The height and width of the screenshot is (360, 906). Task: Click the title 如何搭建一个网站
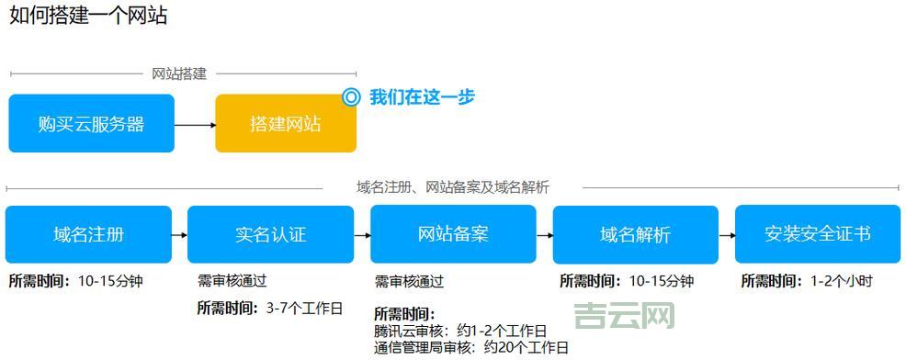[x=88, y=17]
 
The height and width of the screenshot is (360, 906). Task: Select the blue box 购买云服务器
[x=91, y=124]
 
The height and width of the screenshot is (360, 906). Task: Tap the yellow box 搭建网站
[x=285, y=124]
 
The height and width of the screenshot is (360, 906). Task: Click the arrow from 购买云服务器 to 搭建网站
[x=195, y=124]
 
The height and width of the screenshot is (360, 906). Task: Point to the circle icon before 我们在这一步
[x=350, y=96]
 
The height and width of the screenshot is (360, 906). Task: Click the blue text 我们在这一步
[x=422, y=96]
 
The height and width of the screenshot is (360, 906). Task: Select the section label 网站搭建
[x=179, y=74]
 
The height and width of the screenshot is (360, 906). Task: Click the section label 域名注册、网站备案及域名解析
[x=452, y=187]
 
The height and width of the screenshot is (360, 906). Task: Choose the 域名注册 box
[x=88, y=234]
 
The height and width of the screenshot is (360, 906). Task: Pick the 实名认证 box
[x=270, y=234]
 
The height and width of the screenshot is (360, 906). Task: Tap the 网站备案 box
[x=453, y=234]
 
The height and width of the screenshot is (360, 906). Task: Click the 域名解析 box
[x=635, y=234]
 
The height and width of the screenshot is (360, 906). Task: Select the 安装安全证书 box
[x=818, y=234]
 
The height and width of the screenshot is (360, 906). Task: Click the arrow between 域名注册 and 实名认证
[x=179, y=235]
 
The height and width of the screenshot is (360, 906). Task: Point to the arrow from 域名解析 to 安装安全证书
[x=727, y=235]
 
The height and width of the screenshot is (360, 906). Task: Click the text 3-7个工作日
[x=304, y=308]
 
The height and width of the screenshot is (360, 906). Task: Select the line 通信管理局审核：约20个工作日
[x=471, y=347]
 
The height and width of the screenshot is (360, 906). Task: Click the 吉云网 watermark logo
[x=625, y=317]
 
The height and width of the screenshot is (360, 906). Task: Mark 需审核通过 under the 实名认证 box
[x=232, y=281]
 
